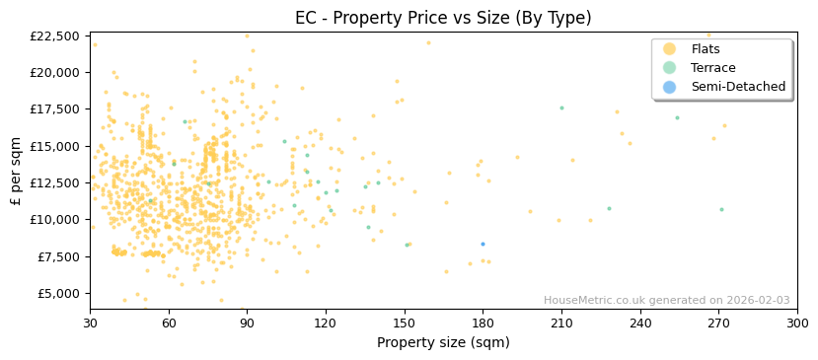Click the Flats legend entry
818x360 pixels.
tap(706, 49)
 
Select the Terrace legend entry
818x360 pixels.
tap(712, 68)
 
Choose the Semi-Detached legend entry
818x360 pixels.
tap(738, 87)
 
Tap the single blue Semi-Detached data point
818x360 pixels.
tap(483, 244)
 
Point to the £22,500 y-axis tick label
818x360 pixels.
tap(54, 36)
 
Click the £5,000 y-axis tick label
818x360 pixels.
tap(57, 293)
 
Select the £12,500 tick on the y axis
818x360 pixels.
tap(54, 182)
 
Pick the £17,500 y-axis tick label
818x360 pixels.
tap(54, 109)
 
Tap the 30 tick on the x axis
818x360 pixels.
tap(90, 323)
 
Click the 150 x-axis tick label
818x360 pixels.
tap(404, 323)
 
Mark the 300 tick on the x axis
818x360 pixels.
tap(797, 323)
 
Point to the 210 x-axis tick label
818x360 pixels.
tap(561, 323)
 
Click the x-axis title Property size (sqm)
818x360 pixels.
tap(443, 342)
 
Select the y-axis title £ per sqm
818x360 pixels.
tap(17, 171)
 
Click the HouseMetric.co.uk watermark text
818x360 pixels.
tap(666, 301)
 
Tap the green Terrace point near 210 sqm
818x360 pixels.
tap(561, 108)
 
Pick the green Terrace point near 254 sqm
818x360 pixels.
tap(677, 117)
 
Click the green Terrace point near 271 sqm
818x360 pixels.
tap(721, 209)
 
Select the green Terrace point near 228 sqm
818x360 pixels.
tap(609, 208)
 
